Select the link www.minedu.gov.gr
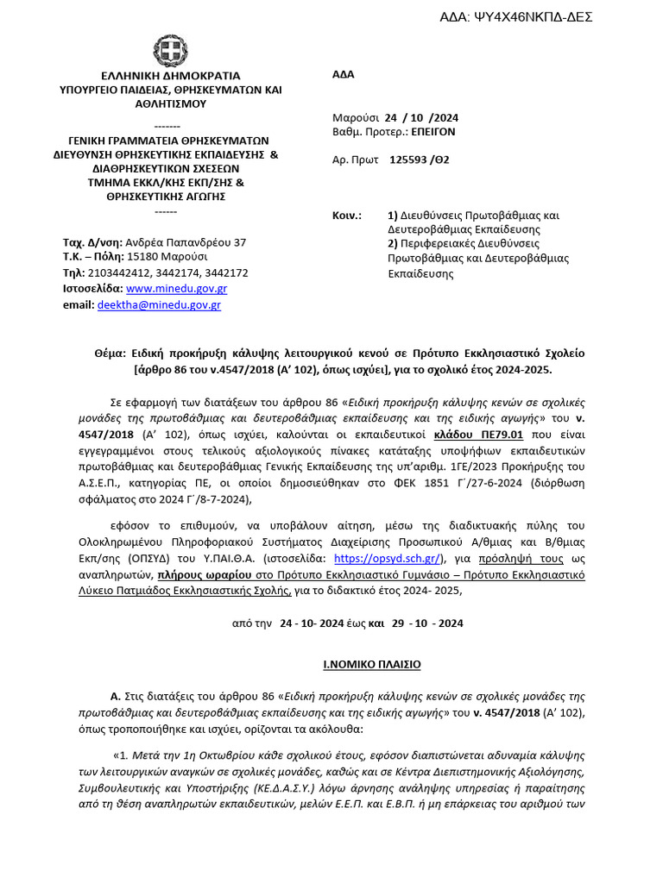coord(176,288)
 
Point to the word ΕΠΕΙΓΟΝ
coord(432,132)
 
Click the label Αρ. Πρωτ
coord(354,160)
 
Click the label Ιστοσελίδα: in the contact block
coord(93,288)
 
